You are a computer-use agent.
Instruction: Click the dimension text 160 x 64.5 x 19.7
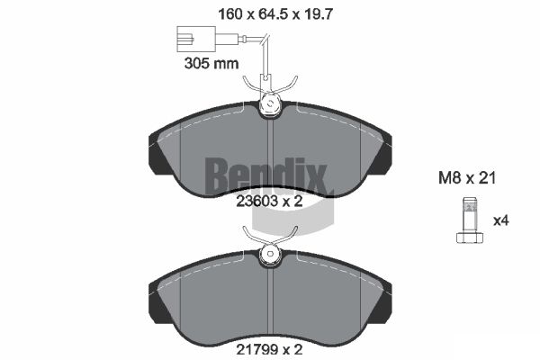coord(275,14)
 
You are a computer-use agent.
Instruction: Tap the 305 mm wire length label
coord(211,63)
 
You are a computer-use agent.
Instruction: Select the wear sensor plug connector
coord(196,39)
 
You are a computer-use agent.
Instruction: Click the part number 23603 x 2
coord(269,202)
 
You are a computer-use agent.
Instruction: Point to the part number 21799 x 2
coord(269,350)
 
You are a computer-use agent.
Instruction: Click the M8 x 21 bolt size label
coord(467,178)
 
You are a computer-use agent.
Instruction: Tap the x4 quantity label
coord(501,220)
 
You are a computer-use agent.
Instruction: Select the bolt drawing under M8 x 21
coord(470,220)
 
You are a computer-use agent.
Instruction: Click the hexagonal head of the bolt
coord(470,238)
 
